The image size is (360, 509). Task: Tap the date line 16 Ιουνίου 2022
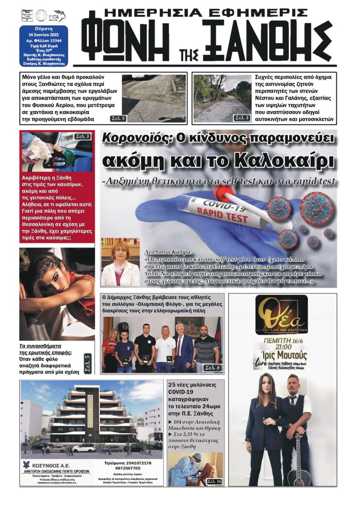[43, 35]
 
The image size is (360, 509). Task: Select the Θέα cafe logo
[281, 314]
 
